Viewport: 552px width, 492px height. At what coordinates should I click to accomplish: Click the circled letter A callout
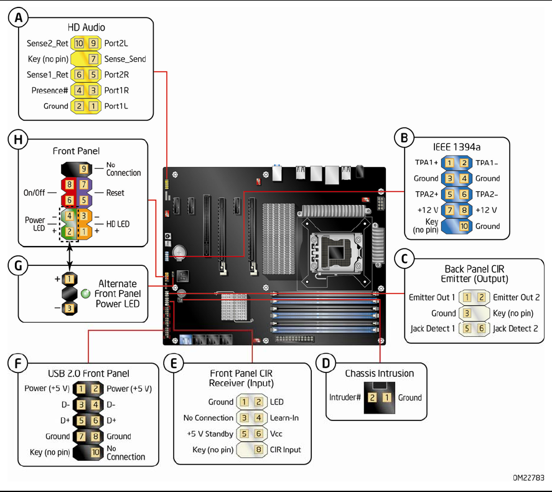pyautogui.click(x=19, y=19)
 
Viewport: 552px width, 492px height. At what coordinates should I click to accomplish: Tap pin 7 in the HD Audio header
pyautogui.click(x=93, y=59)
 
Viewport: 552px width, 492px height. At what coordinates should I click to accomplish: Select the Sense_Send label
pyautogui.click(x=125, y=59)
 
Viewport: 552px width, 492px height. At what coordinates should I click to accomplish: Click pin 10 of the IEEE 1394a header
pyautogui.click(x=464, y=226)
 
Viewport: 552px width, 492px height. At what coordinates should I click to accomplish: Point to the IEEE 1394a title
pyautogui.click(x=456, y=147)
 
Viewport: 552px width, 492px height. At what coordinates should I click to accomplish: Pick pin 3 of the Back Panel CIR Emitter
pyautogui.click(x=466, y=313)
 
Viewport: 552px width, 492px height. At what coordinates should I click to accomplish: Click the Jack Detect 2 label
pyautogui.click(x=515, y=329)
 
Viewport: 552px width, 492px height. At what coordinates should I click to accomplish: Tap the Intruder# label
pyautogui.click(x=345, y=397)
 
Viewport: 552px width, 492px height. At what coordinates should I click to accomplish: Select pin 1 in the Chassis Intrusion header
pyautogui.click(x=386, y=397)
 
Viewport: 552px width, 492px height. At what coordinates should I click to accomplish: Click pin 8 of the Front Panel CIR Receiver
pyautogui.click(x=258, y=450)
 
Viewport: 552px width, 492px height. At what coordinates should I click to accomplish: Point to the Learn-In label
pyautogui.click(x=284, y=418)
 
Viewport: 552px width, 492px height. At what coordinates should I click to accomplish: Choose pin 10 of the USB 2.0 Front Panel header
pyautogui.click(x=95, y=452)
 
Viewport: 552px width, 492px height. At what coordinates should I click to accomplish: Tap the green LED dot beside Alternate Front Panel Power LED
pyautogui.click(x=86, y=293)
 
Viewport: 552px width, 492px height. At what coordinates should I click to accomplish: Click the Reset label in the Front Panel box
pyautogui.click(x=115, y=192)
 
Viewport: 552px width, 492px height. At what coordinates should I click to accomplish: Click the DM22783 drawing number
pyautogui.click(x=528, y=478)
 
